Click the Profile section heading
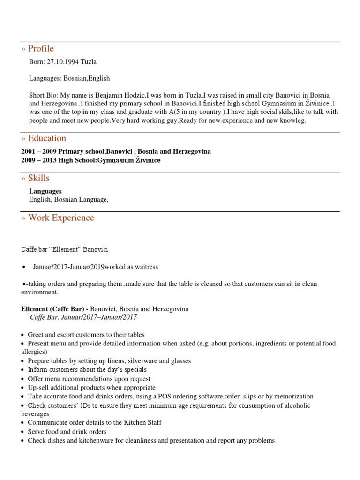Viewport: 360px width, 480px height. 41,49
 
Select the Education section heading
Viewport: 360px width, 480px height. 47,138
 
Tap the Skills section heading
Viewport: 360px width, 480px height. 38,178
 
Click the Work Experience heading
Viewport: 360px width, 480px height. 61,218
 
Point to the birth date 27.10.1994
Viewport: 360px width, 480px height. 62,62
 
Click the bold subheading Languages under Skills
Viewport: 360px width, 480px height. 45,191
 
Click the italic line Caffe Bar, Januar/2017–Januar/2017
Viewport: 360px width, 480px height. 83,317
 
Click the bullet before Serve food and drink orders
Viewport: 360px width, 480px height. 23,432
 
